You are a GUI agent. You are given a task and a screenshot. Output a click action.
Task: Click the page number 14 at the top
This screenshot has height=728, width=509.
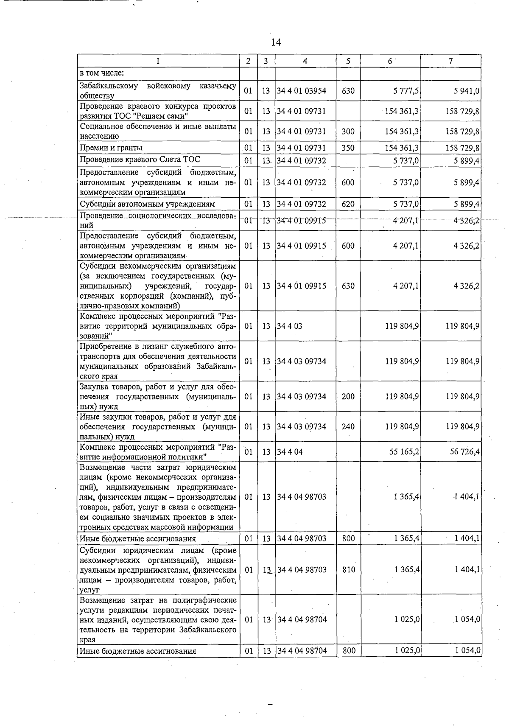point(276,42)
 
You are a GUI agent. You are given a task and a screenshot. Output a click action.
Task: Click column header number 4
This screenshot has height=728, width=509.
point(305,61)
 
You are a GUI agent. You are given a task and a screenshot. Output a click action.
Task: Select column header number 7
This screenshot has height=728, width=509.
point(450,61)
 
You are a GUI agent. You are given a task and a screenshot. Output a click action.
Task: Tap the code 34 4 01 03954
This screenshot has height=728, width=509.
point(302,91)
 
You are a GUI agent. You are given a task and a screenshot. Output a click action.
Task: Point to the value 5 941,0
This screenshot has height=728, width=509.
point(466,91)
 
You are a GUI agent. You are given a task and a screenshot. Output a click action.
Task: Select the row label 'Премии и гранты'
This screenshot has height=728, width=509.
point(111,148)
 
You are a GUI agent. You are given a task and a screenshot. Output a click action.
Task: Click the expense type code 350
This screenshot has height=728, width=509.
point(348,148)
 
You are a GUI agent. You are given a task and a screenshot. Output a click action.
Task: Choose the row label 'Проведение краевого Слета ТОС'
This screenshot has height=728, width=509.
point(140,160)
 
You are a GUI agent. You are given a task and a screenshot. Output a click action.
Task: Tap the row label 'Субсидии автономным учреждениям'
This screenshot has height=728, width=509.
point(147,204)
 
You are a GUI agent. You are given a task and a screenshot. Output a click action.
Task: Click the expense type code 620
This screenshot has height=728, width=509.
point(348,204)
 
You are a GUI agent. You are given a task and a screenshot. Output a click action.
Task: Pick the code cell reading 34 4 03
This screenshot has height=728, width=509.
point(290,326)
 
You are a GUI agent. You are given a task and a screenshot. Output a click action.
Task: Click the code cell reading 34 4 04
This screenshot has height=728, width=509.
point(290,452)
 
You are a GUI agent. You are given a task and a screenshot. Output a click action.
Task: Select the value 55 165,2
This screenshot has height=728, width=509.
point(405,452)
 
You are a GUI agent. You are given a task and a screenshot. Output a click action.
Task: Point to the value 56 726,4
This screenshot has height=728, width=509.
point(465,452)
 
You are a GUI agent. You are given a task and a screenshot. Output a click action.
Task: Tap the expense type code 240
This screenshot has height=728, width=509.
point(348,426)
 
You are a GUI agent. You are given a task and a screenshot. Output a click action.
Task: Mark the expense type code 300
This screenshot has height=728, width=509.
point(348,131)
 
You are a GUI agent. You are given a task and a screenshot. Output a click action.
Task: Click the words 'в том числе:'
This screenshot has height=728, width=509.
point(102,73)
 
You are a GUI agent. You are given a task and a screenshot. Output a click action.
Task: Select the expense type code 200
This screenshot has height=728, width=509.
point(348,396)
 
